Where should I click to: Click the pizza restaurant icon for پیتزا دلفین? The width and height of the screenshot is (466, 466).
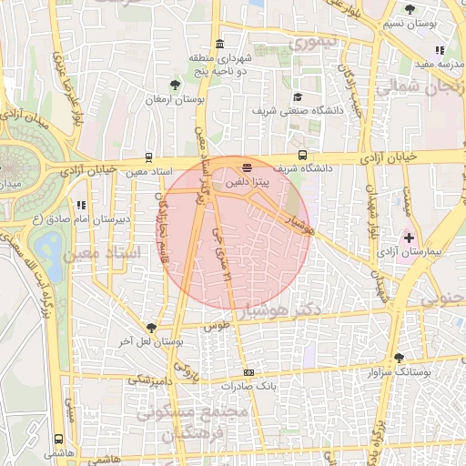tap(247, 168)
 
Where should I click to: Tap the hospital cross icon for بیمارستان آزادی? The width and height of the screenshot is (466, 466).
tap(408, 237)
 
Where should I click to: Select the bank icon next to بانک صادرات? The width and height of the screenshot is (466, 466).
tap(248, 373)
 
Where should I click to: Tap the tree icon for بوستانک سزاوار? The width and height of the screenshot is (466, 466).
tap(398, 358)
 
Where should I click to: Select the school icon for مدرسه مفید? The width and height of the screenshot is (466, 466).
tap(440, 51)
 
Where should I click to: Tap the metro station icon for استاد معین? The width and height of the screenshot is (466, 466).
tap(148, 157)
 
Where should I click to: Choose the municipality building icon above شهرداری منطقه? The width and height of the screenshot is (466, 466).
tap(218, 45)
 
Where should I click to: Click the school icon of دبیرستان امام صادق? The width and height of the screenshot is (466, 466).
tap(81, 206)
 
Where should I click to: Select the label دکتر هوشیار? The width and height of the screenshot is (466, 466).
tap(315, 310)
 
